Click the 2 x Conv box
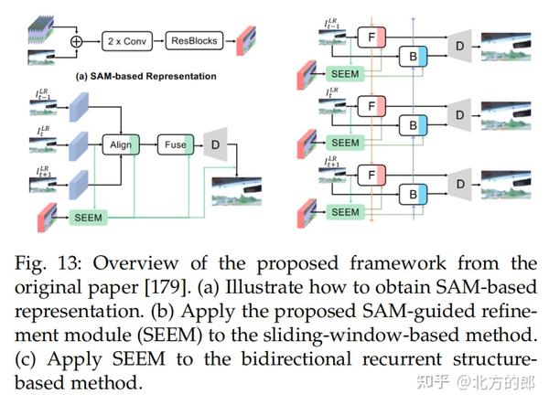pyautogui.click(x=125, y=40)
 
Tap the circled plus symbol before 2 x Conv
pyautogui.click(x=76, y=41)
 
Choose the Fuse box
pyautogui.click(x=175, y=144)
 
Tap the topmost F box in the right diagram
pyautogui.click(x=372, y=37)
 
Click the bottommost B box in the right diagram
pyautogui.click(x=416, y=195)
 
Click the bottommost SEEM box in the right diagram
pyautogui.click(x=344, y=211)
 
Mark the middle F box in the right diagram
pyautogui.click(x=372, y=106)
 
